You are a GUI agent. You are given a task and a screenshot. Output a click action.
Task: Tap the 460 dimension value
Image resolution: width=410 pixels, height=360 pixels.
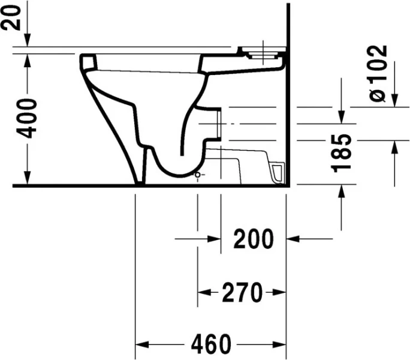210,344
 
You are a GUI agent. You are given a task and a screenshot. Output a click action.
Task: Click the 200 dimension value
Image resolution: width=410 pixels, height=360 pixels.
253,239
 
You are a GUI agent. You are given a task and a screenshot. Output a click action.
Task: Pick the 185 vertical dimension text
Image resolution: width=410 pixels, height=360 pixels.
342,153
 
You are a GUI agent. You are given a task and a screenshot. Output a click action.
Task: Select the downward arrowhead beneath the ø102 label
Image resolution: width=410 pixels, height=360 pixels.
395,101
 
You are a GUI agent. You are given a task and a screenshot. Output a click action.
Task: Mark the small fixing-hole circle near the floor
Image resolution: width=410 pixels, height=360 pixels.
197,175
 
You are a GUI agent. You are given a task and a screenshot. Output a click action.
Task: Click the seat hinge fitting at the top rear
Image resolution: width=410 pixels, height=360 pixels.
261,53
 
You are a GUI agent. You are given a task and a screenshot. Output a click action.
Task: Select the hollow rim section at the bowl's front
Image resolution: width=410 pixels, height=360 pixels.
89,62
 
